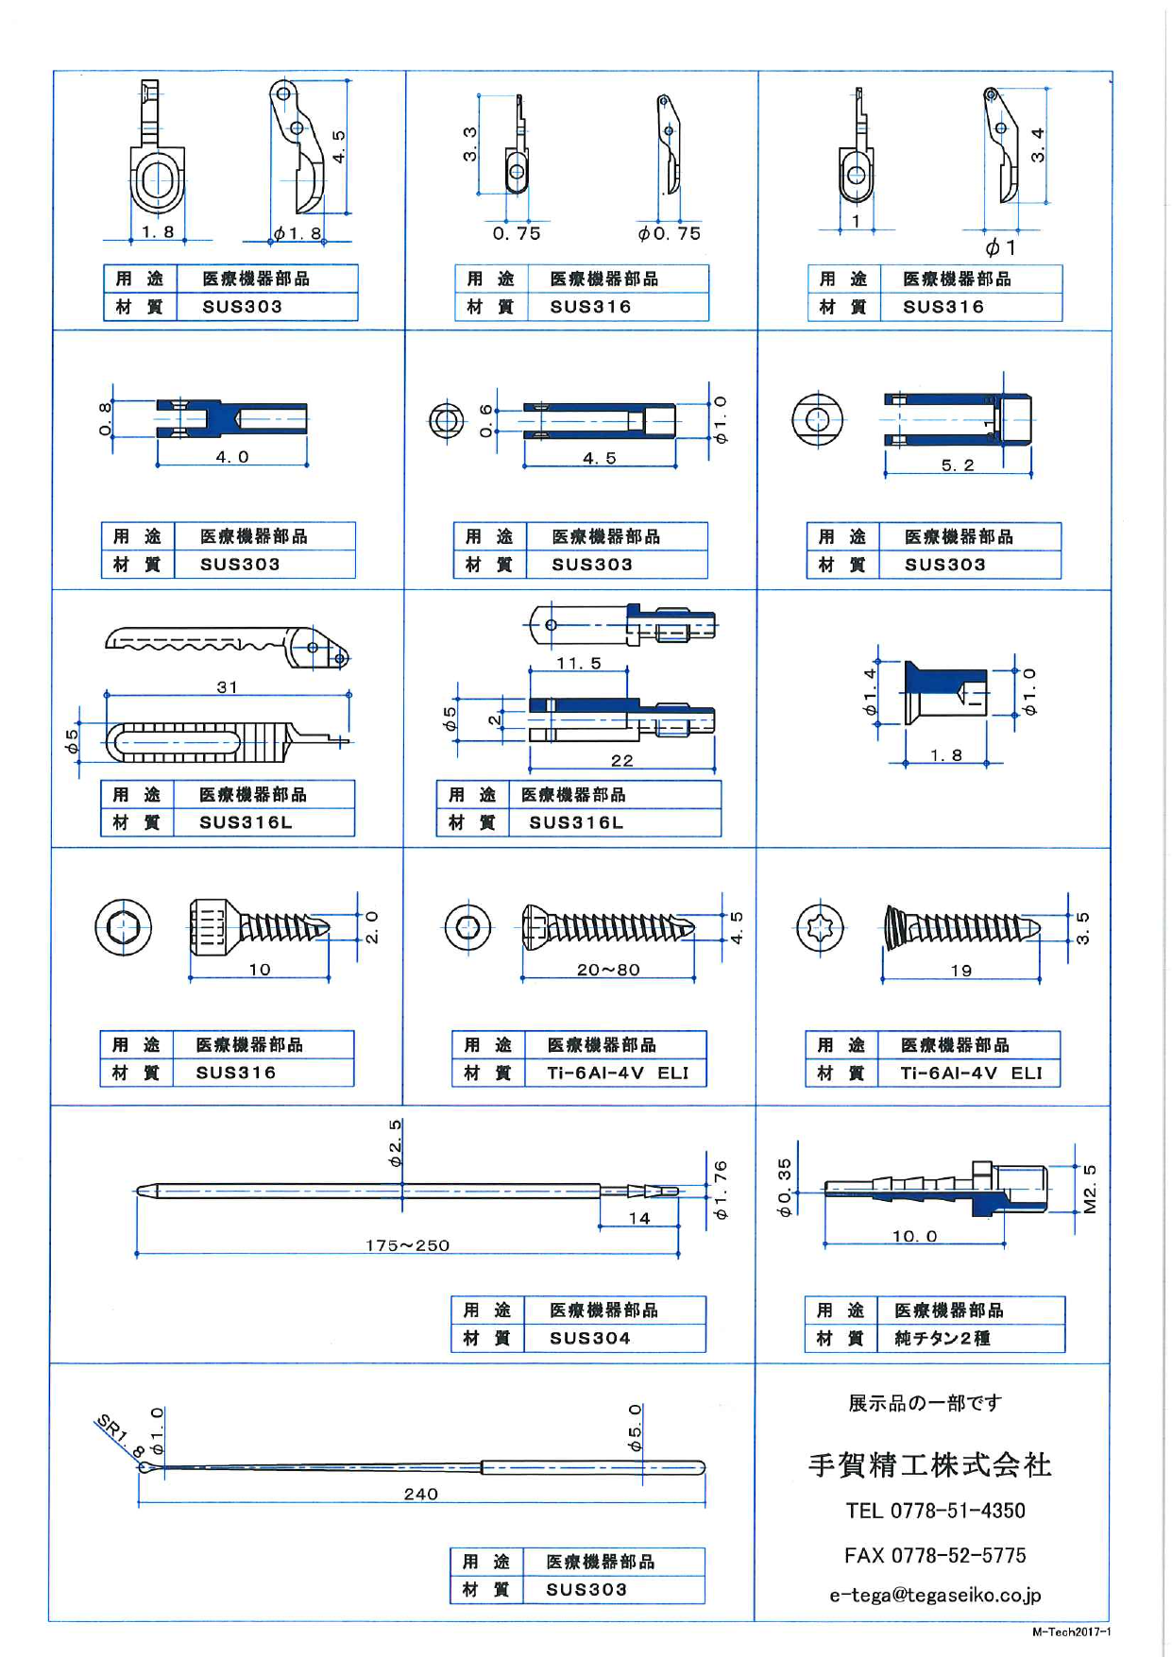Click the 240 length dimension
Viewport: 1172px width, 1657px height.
[420, 1494]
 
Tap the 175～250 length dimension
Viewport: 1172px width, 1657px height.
[407, 1245]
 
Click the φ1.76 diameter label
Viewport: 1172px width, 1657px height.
[721, 1190]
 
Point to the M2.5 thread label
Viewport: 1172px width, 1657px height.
[1090, 1189]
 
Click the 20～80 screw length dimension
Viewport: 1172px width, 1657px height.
[608, 970]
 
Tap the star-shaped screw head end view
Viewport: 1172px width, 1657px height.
[819, 927]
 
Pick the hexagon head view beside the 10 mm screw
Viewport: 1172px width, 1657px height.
[123, 927]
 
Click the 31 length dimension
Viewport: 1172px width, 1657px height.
[227, 686]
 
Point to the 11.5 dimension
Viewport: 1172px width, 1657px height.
[578, 663]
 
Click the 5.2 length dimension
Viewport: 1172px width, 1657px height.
[957, 465]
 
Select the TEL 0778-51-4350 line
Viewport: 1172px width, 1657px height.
[935, 1511]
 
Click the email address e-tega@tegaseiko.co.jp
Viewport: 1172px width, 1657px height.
[935, 1595]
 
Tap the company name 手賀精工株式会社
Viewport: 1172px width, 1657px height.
[929, 1464]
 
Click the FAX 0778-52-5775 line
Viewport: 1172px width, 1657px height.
[935, 1555]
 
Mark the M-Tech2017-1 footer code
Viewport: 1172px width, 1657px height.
[1071, 1632]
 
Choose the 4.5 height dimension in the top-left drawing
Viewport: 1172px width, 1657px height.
[338, 146]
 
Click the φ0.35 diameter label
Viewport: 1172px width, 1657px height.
[785, 1188]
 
